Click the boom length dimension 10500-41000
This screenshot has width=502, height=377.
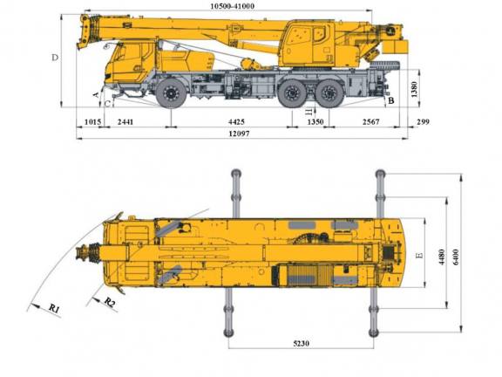point(233,6)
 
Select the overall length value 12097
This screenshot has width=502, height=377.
point(239,134)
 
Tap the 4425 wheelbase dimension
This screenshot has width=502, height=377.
point(236,122)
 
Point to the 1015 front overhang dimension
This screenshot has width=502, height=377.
point(93,122)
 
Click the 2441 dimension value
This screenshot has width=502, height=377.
point(125,122)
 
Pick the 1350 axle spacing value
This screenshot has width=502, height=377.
point(315,122)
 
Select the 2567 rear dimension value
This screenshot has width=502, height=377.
point(370,122)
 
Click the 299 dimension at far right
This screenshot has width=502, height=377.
point(424,122)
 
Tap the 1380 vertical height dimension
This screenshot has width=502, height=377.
point(414,89)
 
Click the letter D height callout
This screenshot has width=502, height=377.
point(56,58)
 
